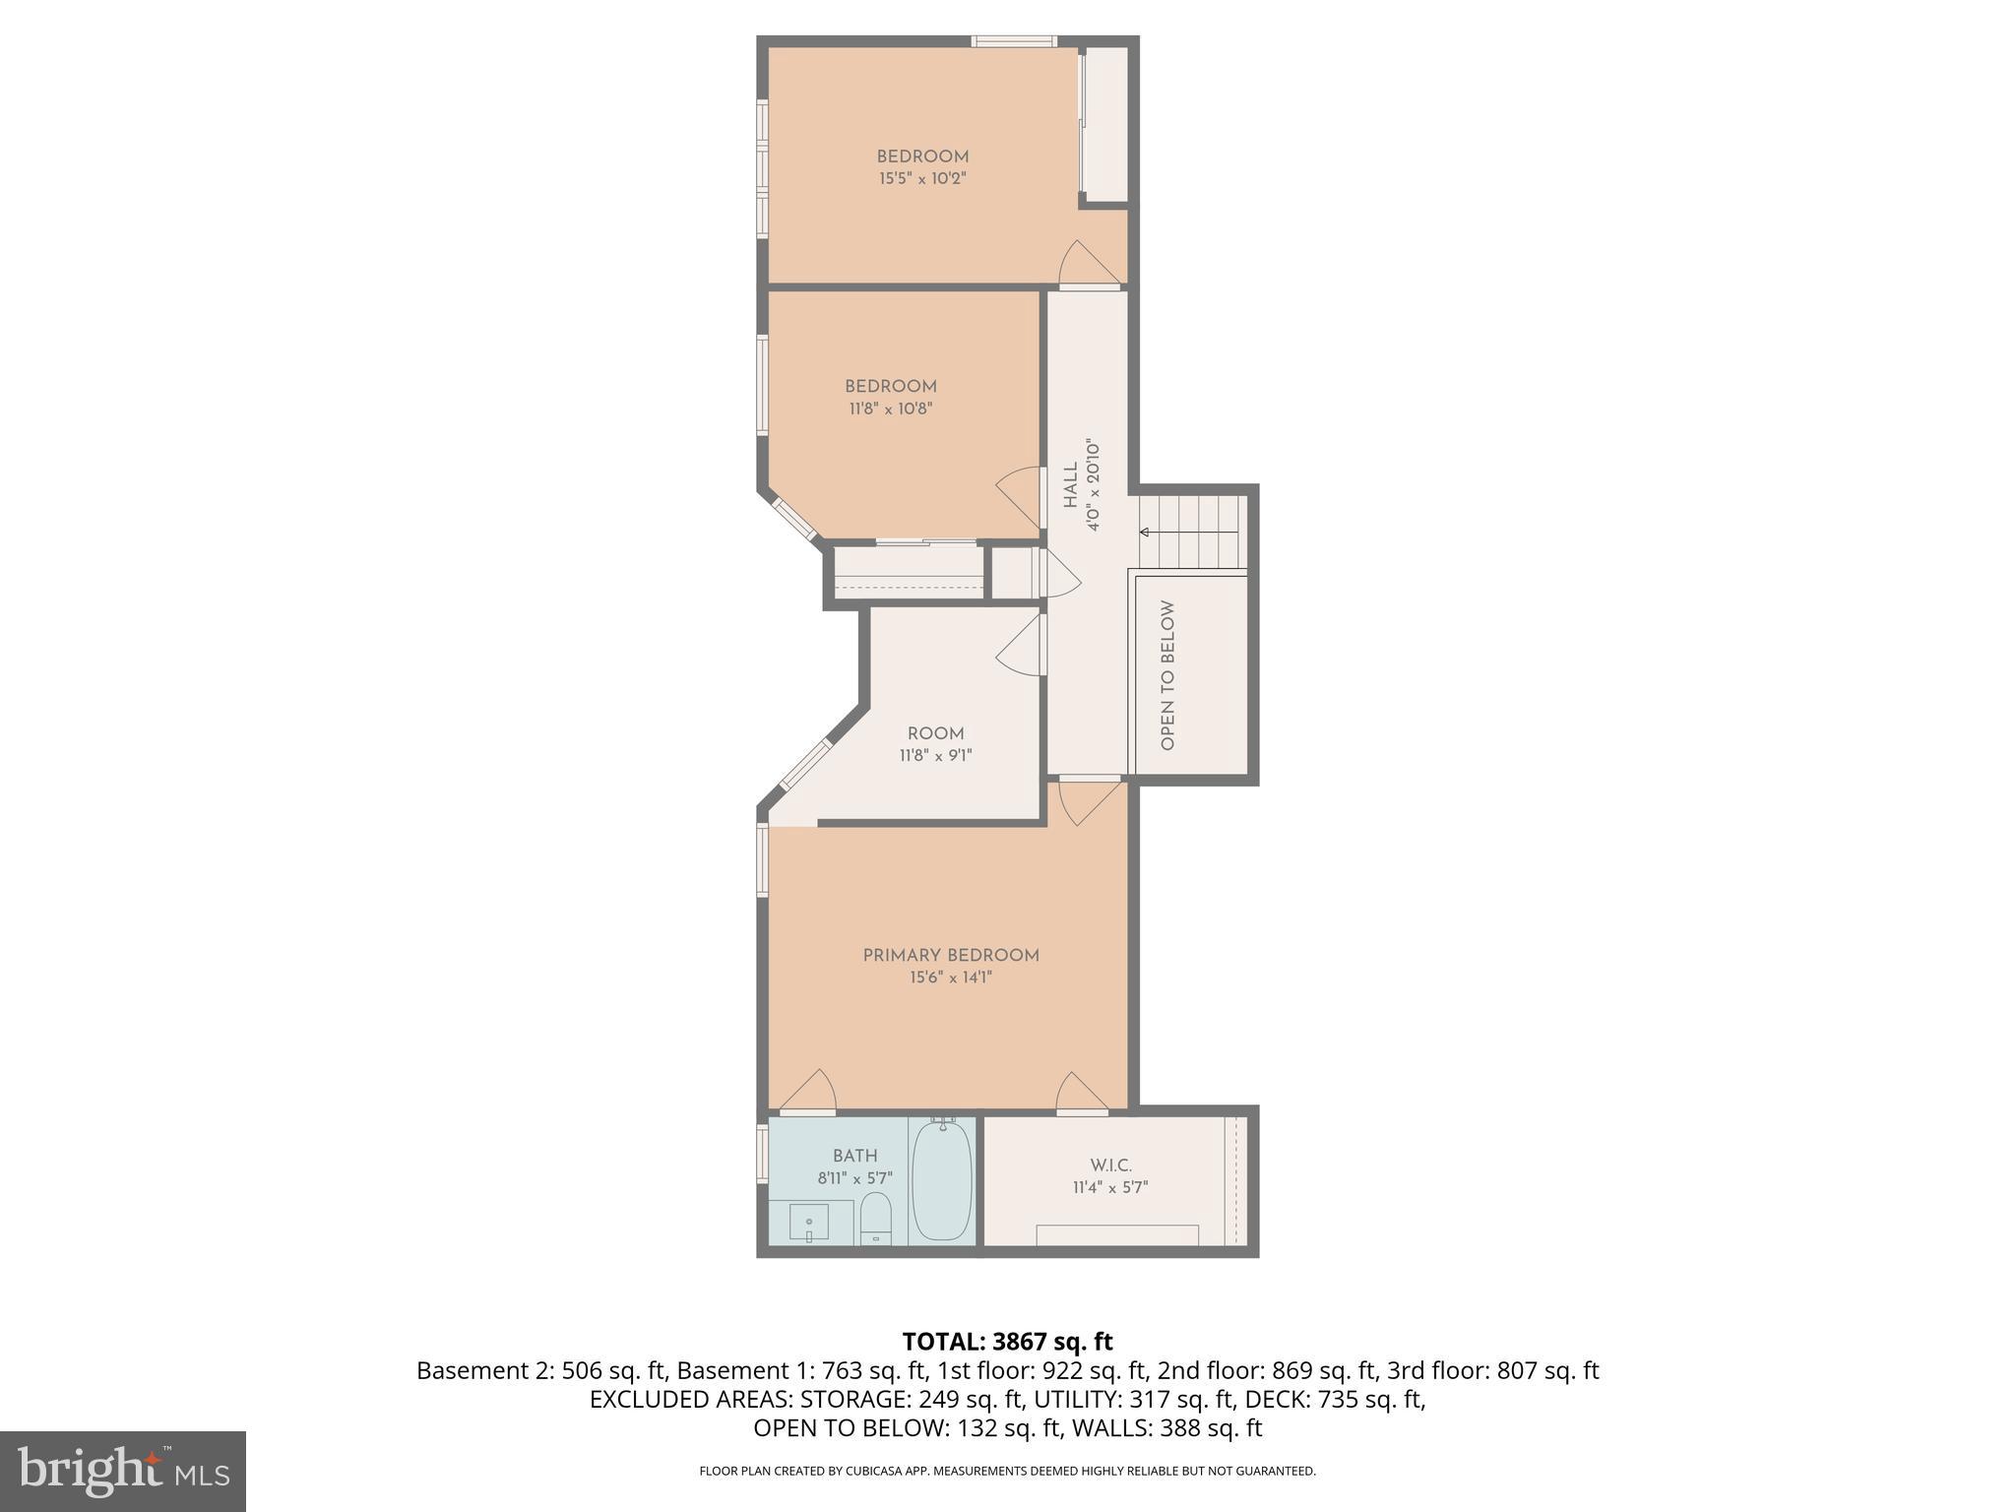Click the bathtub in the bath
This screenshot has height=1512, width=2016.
click(942, 1181)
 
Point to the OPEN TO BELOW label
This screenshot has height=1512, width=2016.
click(1168, 675)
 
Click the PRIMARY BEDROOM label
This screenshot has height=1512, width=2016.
click(951, 955)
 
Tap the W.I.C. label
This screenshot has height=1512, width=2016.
click(1110, 1165)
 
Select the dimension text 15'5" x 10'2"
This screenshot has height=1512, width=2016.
click(922, 179)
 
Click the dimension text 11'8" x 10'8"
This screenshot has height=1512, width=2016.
click(890, 409)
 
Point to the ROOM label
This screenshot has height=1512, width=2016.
click(935, 733)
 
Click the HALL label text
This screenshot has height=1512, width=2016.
click(1071, 486)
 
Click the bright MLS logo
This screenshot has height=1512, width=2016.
click(122, 1471)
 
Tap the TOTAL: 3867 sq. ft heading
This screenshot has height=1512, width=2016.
click(1007, 1342)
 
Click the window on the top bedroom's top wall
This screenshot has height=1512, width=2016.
click(1014, 41)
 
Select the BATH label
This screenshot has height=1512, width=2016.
click(854, 1156)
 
